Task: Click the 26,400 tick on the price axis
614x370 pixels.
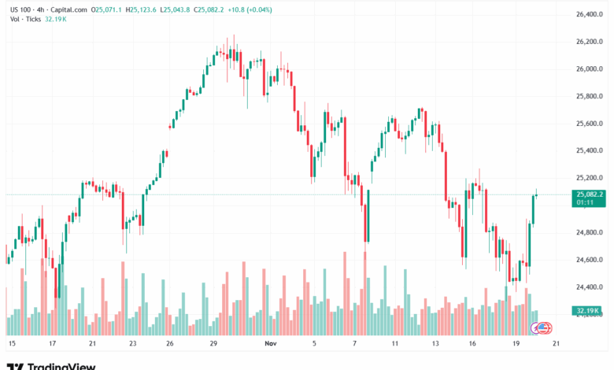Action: click(x=589, y=14)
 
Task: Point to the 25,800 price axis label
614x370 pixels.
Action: click(x=589, y=96)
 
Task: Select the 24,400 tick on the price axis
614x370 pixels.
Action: click(x=589, y=287)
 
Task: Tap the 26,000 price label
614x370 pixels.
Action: click(x=589, y=69)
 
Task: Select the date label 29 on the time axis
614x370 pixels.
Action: click(x=213, y=344)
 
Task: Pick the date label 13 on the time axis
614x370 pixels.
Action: click(x=435, y=344)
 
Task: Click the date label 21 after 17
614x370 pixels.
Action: click(x=92, y=344)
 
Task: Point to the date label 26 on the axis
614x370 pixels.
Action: click(x=170, y=344)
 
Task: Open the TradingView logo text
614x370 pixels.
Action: click(x=61, y=365)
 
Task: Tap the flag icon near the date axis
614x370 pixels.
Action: click(x=543, y=327)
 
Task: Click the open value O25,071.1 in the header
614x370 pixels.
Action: click(x=107, y=9)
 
